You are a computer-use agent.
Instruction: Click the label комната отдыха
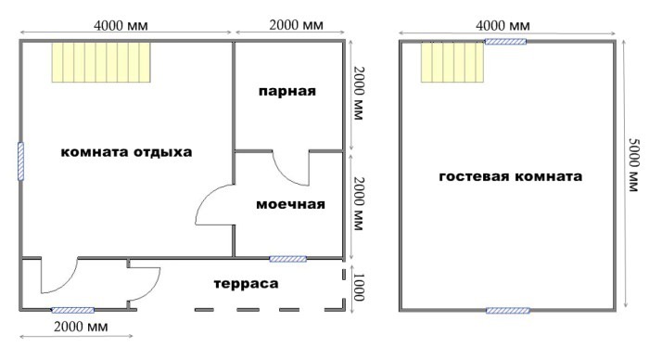[126, 152]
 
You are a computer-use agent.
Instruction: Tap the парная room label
[287, 92]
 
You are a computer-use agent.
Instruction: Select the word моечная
[290, 204]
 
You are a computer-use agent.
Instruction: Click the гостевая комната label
[510, 176]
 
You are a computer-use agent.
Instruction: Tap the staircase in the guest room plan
[452, 63]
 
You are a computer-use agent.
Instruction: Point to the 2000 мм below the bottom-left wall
[79, 328]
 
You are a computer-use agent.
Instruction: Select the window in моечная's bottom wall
[287, 259]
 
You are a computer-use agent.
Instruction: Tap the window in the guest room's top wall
[506, 41]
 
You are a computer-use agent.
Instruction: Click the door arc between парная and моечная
[289, 168]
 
